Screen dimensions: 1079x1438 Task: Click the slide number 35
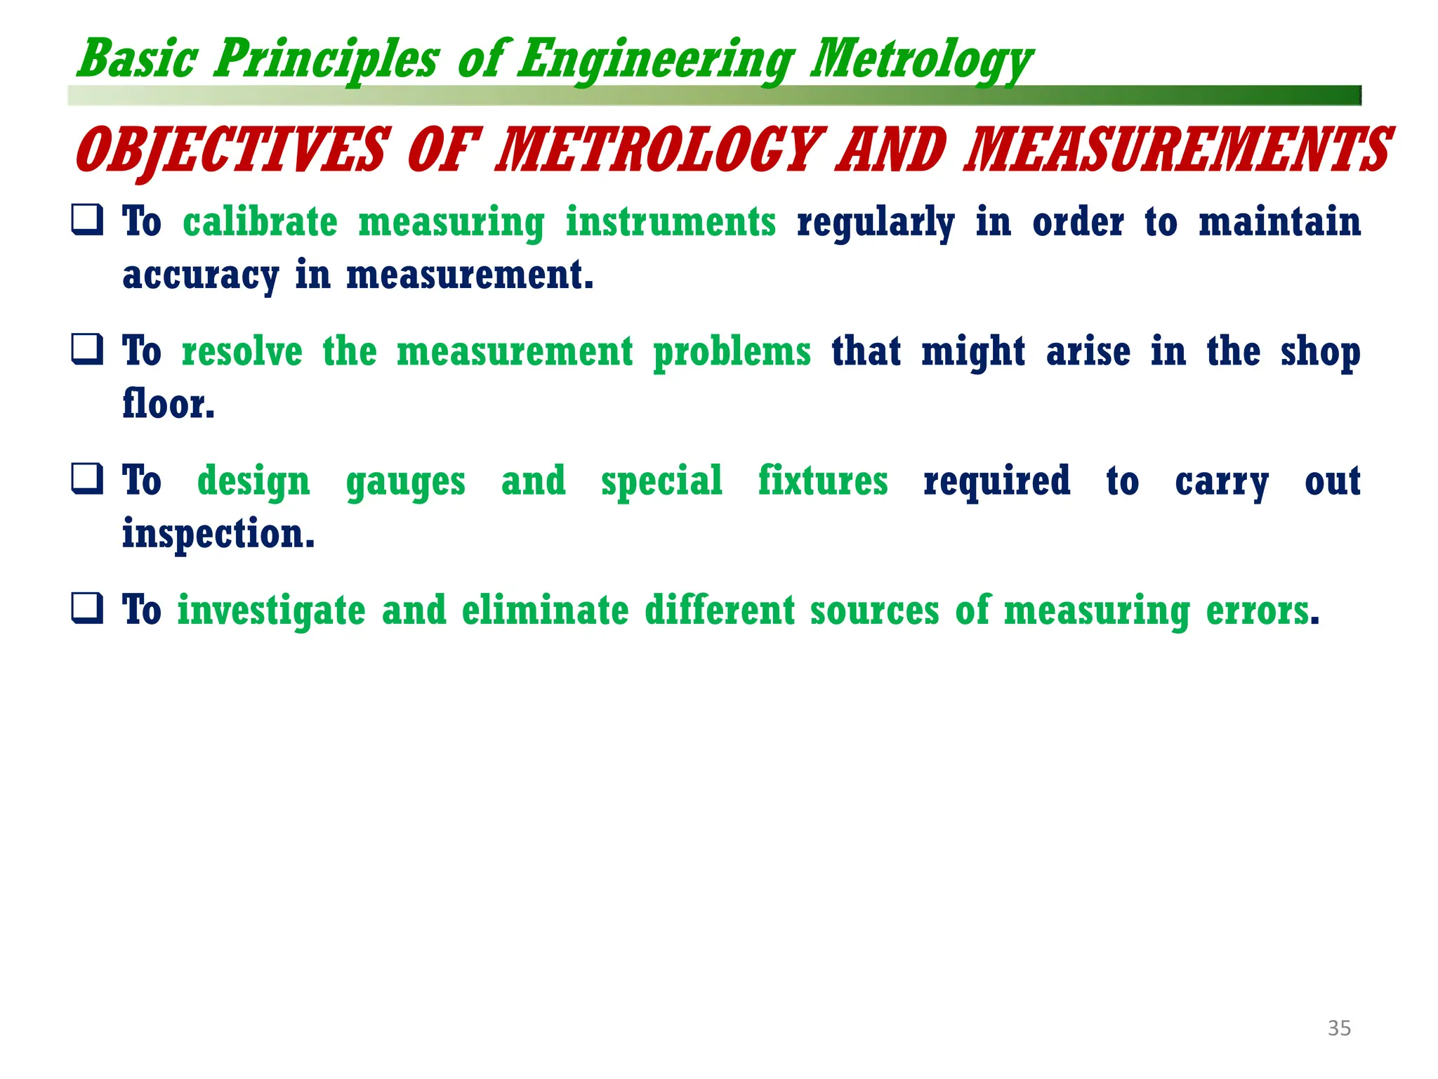click(x=1339, y=1028)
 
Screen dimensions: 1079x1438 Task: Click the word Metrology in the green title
click(x=921, y=60)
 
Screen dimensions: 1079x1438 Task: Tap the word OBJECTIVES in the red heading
click(x=230, y=150)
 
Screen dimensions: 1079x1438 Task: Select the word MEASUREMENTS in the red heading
click(x=1178, y=150)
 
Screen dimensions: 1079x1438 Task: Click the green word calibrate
click(x=260, y=222)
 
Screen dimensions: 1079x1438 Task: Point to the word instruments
click(x=671, y=222)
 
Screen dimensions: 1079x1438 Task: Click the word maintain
click(x=1279, y=222)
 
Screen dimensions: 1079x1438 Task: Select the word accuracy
click(x=200, y=275)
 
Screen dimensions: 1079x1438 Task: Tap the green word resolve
click(x=242, y=351)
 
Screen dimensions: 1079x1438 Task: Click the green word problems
click(x=732, y=351)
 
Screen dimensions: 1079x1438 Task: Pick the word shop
click(x=1320, y=351)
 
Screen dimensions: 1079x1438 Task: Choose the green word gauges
click(x=405, y=482)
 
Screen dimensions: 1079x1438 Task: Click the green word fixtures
click(x=823, y=481)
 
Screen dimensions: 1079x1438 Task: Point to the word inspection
click(x=218, y=534)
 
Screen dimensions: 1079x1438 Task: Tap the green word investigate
click(x=271, y=610)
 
